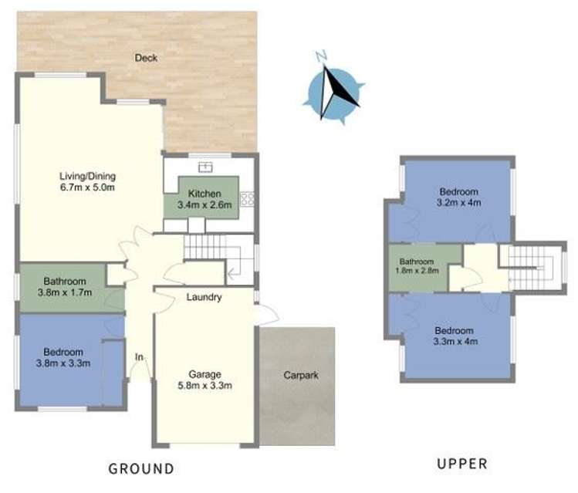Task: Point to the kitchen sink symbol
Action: click(205, 165)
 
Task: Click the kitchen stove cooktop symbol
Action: click(248, 199)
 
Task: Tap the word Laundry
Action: click(204, 297)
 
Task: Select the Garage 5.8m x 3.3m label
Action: click(205, 380)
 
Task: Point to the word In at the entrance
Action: click(140, 357)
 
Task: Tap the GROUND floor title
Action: click(141, 468)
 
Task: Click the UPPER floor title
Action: click(461, 464)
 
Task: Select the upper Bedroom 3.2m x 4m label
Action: click(458, 198)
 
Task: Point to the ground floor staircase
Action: click(211, 248)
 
